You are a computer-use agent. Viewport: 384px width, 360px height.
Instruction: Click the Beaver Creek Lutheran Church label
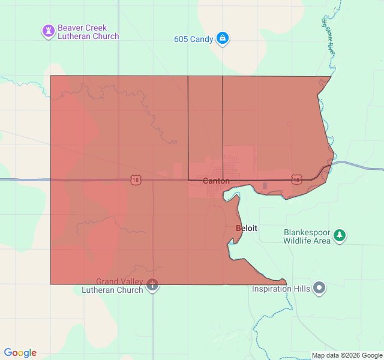tap(88, 32)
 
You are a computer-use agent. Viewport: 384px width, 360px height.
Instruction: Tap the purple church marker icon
tap(48, 31)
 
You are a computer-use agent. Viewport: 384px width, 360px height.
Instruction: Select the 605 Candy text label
tap(193, 40)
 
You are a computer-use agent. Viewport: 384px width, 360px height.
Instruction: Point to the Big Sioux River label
tap(327, 37)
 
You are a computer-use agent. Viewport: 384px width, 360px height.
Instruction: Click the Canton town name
tap(216, 181)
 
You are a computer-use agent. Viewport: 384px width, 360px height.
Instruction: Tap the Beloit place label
tap(247, 229)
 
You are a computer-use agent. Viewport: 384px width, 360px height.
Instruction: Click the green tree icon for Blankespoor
tap(340, 235)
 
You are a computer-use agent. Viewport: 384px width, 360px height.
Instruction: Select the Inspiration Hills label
tap(281, 289)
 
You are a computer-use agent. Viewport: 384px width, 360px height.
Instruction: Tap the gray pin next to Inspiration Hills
tap(320, 289)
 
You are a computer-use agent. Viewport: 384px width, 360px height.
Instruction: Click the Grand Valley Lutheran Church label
tap(112, 286)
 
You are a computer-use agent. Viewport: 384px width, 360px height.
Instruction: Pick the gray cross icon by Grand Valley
tap(153, 285)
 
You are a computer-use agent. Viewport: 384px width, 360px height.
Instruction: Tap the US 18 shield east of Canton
tap(296, 179)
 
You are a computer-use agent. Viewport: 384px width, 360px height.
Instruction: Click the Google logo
tap(20, 353)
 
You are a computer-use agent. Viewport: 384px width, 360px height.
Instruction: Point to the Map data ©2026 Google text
tap(347, 355)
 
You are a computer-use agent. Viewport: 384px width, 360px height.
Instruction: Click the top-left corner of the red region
tap(51, 76)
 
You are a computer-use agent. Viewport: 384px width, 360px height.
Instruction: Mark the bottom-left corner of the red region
tap(51, 284)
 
